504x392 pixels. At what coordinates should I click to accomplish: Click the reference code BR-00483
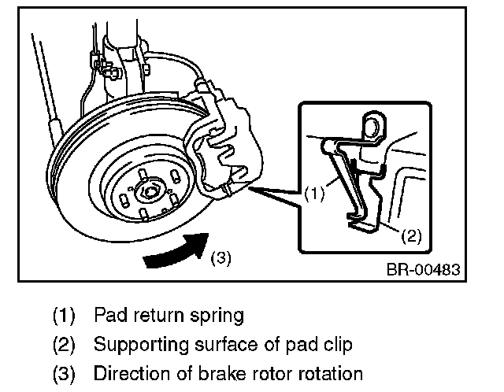pos(422,270)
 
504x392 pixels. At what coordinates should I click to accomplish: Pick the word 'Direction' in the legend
pos(124,373)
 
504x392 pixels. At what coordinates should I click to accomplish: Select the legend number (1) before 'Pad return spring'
pos(64,316)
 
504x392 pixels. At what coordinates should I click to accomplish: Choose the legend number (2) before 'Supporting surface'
pos(64,345)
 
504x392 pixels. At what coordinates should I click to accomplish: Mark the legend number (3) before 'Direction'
pos(64,373)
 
